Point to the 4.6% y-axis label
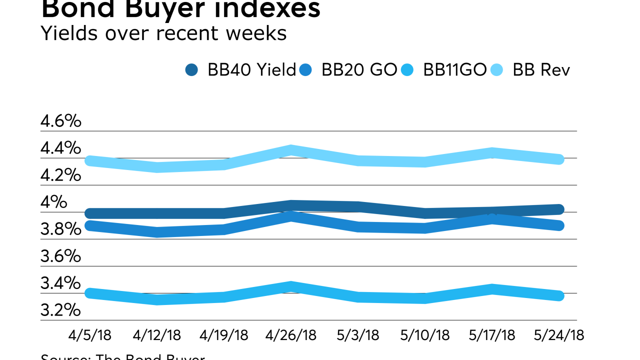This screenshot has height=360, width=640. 60,121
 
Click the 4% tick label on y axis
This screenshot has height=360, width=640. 53,202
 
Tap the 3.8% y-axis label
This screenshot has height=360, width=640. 60,229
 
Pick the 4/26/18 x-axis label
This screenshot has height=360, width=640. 291,334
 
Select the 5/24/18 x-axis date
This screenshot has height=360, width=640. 559,334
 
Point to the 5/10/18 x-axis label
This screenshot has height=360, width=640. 424,334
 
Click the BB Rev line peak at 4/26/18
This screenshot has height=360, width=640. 291,150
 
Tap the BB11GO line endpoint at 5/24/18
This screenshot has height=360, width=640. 559,296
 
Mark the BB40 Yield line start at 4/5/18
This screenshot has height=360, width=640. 90,213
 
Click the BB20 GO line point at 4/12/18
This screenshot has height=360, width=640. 157,232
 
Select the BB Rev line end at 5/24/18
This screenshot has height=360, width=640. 559,159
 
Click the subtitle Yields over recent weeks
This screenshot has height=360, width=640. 163,33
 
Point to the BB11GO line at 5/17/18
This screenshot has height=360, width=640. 492,289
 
